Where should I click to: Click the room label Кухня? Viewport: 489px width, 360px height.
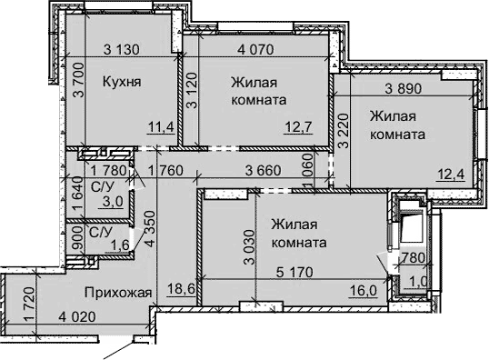point(121,81)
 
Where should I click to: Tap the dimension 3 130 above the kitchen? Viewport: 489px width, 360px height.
point(125,49)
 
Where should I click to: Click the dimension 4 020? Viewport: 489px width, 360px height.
point(79,317)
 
